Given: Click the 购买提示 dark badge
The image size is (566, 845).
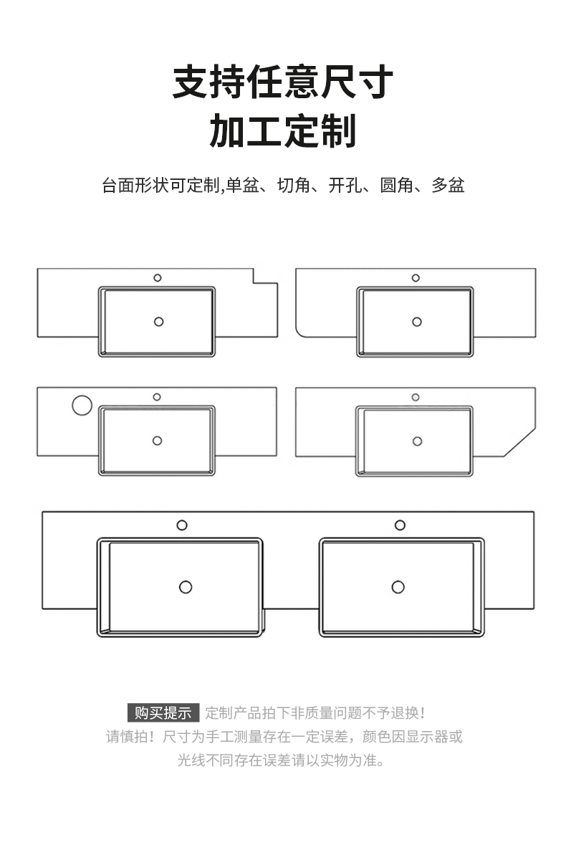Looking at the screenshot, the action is tap(163, 713).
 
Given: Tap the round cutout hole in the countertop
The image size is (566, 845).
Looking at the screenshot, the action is tap(82, 405).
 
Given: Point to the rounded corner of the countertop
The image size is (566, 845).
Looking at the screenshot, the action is tap(302, 330).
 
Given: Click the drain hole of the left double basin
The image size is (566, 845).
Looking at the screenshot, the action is tap(186, 587).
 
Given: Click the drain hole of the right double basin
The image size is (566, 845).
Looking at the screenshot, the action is tap(398, 587).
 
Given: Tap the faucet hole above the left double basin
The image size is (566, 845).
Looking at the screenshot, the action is tap(182, 525).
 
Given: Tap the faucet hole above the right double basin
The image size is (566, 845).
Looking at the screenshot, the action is tap(400, 525).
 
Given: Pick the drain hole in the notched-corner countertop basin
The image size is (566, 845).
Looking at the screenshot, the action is tap(158, 321).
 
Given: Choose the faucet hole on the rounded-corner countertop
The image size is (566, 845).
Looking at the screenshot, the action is tap(416, 278).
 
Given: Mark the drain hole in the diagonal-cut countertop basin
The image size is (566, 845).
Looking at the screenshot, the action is tap(417, 441).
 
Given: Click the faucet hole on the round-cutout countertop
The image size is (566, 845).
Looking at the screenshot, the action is tap(156, 397).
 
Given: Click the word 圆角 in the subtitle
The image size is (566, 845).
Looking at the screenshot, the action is tap(395, 186).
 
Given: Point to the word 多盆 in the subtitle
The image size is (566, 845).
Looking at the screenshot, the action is tap(448, 186).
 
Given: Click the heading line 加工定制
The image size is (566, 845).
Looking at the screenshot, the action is tap(283, 131).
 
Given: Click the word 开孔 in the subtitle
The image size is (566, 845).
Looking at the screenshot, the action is tap(344, 186).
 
